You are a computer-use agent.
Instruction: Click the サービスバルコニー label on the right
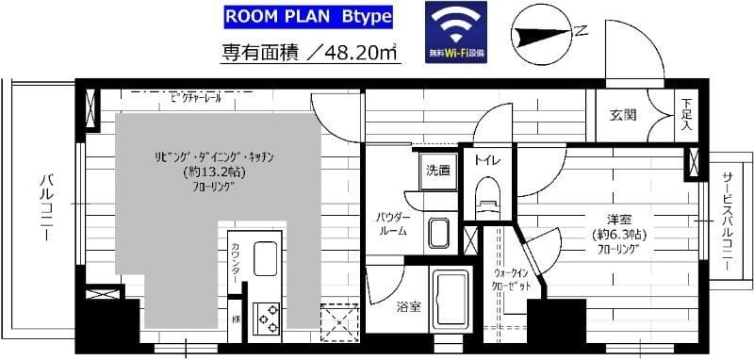click(x=727, y=218)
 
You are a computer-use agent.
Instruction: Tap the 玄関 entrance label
click(x=622, y=115)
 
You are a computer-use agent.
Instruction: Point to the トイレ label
click(x=487, y=161)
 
